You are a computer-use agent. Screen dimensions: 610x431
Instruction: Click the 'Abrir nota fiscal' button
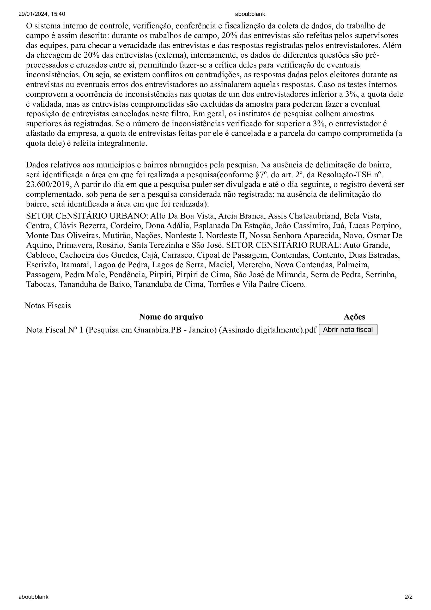coord(348,330)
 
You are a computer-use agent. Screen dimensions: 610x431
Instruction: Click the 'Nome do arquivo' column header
coord(171,317)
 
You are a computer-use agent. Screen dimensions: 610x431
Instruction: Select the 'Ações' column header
coord(354,317)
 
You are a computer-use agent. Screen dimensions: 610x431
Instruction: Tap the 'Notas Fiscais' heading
coord(48,306)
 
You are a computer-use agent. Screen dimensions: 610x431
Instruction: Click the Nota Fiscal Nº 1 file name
coord(171,330)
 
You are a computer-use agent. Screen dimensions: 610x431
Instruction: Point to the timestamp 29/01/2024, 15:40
coord(42,14)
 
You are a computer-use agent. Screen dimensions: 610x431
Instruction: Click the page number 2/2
coord(408,597)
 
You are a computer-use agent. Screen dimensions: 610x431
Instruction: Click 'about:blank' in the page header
coord(250,14)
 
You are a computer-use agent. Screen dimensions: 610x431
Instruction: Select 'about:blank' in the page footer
coord(33,597)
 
